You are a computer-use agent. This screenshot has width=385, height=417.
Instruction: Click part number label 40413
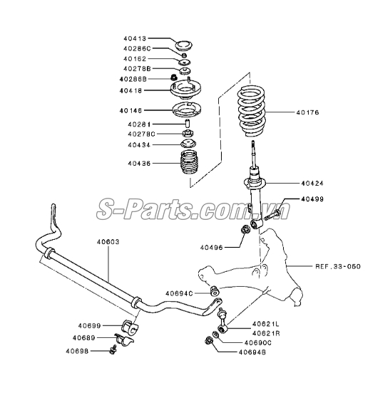[x=135, y=38]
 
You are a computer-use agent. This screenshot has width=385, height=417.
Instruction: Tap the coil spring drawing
[x=252, y=110]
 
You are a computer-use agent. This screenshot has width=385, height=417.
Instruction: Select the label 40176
[x=307, y=112]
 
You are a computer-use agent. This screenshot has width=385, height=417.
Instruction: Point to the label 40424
[x=312, y=183]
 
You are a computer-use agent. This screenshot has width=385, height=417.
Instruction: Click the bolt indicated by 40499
[x=272, y=214]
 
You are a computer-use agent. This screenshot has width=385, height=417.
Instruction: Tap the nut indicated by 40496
[x=245, y=230]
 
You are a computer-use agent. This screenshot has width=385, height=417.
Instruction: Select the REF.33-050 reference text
[x=338, y=266]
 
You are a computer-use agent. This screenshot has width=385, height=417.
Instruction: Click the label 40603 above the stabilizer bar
[x=108, y=242]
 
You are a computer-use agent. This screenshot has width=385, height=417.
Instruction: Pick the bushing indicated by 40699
[x=130, y=326]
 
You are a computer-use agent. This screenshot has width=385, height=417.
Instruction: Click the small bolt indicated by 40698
[x=113, y=350]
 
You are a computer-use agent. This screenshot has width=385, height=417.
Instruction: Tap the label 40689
[x=84, y=338]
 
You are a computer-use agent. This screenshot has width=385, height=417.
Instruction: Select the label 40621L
[x=266, y=324]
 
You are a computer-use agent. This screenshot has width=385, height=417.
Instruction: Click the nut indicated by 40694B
[x=208, y=340]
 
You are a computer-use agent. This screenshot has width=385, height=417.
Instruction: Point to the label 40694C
[x=179, y=293]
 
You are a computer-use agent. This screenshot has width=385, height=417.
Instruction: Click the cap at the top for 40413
[x=184, y=46]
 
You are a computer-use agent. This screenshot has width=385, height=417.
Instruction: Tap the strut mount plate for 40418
[x=185, y=90]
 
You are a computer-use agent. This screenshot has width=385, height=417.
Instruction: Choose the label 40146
[x=130, y=110]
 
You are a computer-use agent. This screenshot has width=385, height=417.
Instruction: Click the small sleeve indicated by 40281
[x=188, y=125]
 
